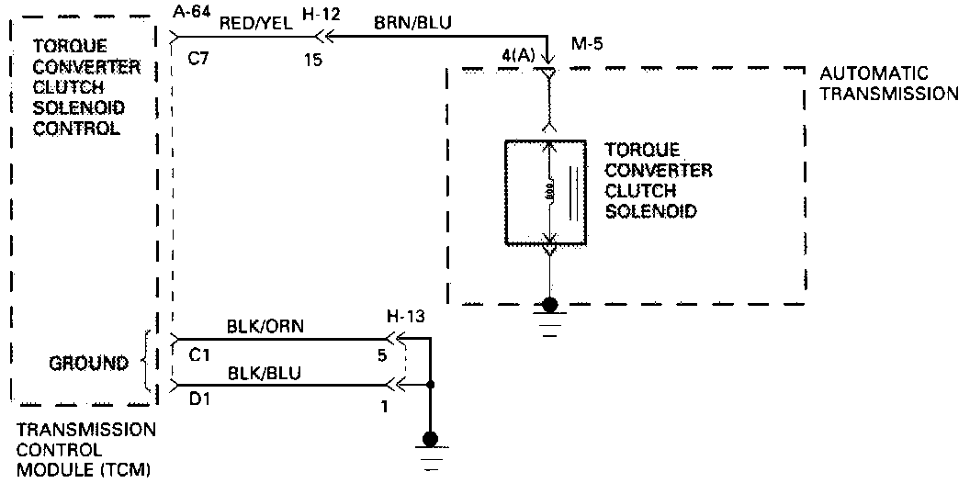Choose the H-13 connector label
tap(405, 316)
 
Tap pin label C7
tap(198, 58)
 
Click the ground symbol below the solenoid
tap(549, 317)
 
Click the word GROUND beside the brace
tap(88, 364)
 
